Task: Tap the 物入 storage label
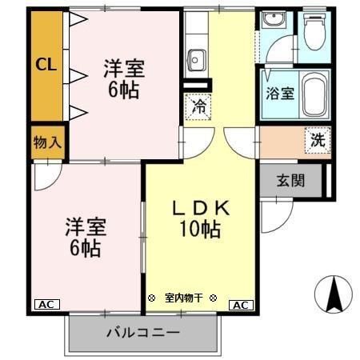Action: tap(46, 144)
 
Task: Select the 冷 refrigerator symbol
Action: tap(197, 106)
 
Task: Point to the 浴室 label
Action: tap(280, 92)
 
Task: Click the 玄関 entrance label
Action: tap(290, 180)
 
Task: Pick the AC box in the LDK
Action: tap(240, 305)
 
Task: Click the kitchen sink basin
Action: tap(197, 58)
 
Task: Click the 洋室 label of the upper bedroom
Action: tap(122, 69)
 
